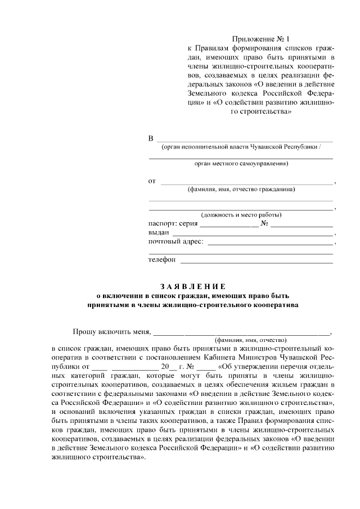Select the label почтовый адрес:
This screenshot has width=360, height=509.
pos(175,242)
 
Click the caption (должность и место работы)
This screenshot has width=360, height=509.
pos(241,214)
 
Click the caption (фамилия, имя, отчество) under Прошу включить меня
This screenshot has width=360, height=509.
pos(250,340)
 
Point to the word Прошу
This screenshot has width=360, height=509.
pos(85,331)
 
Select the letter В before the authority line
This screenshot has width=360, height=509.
pos(150,138)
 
